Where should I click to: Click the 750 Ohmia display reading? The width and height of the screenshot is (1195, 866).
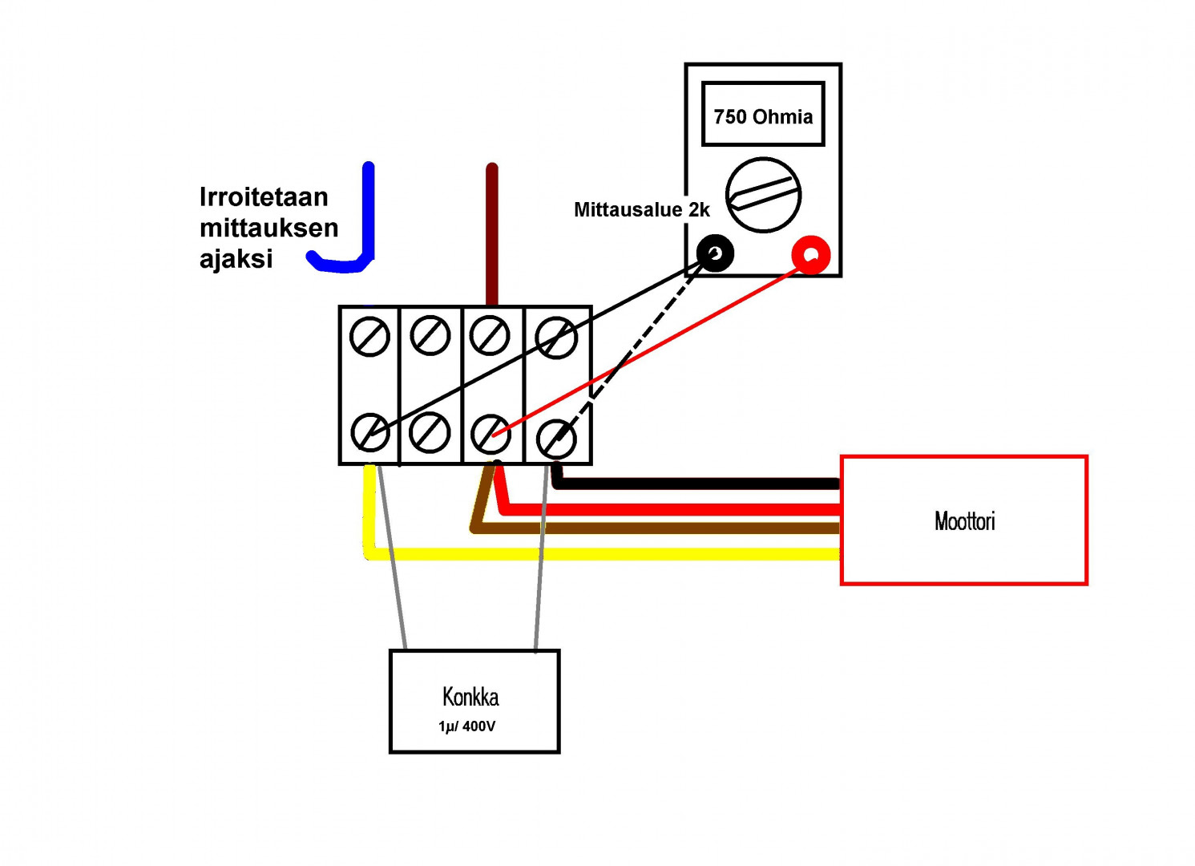coord(763,116)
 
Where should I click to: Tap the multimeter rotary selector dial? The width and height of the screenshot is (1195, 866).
coord(763,195)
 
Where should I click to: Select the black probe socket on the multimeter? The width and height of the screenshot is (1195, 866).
coord(715,254)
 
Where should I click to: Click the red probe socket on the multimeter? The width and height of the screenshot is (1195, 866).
coord(811,255)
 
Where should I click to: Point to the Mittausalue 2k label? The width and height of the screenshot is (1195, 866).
coord(641,210)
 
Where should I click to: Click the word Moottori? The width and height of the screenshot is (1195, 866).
coord(964,521)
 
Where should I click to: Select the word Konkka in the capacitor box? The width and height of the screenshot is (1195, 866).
coord(470,697)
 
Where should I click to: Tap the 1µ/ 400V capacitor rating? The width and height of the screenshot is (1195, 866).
coord(466,726)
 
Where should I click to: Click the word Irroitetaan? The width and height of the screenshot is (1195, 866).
coord(264,197)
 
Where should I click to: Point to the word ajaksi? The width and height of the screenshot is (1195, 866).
coord(236,259)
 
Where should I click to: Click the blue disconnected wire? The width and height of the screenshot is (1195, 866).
coord(368,216)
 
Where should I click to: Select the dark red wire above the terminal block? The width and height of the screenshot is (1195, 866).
coord(492,233)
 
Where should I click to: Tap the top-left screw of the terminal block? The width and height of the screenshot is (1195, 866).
coord(369,337)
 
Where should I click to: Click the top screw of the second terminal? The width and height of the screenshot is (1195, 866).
coord(430,336)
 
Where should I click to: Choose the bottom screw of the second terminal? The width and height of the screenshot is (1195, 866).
coord(430,433)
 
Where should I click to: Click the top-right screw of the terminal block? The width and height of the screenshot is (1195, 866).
coord(556,338)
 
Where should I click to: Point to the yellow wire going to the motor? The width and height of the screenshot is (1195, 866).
coord(601,553)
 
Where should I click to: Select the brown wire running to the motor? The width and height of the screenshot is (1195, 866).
coord(657,528)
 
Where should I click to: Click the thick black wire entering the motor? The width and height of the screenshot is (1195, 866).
coord(697,483)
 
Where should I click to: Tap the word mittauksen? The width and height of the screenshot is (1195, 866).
coord(269,228)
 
